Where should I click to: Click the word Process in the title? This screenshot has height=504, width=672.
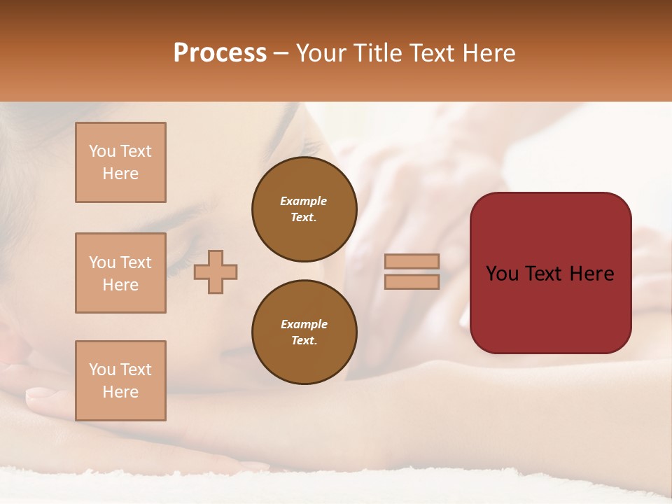(x=220, y=53)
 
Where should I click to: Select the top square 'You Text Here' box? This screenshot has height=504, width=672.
(x=120, y=162)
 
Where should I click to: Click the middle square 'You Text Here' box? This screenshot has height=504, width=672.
(x=120, y=273)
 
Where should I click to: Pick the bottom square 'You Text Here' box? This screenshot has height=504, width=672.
(x=120, y=381)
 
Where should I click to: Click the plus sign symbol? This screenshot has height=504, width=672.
(x=216, y=272)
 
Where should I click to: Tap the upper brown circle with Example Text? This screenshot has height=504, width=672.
(x=304, y=209)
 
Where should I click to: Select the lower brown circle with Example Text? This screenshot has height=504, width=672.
(x=304, y=332)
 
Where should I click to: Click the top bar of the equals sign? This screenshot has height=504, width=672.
(x=412, y=261)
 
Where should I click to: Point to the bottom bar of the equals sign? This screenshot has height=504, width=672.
(x=412, y=281)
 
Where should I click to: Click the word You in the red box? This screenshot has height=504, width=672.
(x=503, y=274)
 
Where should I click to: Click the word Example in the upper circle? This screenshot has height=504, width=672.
(x=304, y=201)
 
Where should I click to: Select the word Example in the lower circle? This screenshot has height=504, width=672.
(x=304, y=324)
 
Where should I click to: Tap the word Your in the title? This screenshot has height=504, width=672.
(x=321, y=53)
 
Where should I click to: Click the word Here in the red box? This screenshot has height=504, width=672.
(x=592, y=274)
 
